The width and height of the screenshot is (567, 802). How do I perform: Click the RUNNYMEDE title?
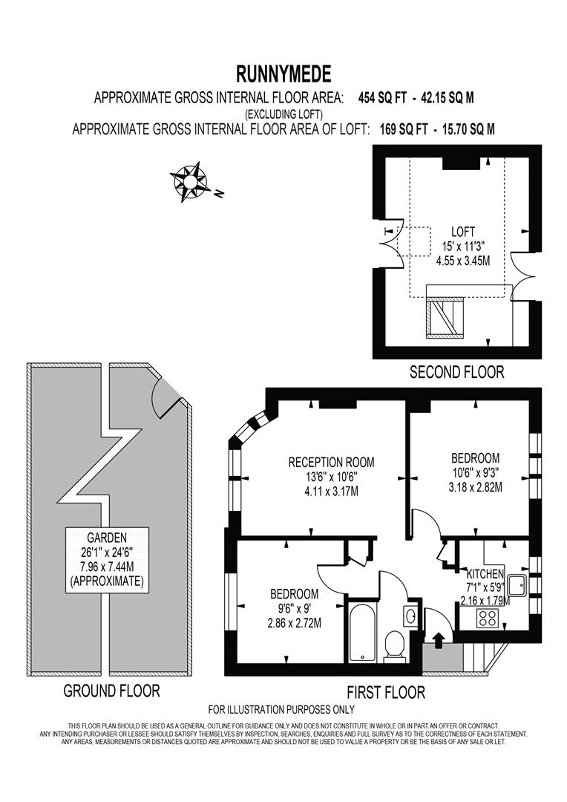point(283,74)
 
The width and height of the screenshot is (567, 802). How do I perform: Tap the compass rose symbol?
point(191,180)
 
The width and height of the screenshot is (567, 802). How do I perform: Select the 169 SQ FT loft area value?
point(400,129)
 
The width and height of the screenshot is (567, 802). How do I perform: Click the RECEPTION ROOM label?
point(331,462)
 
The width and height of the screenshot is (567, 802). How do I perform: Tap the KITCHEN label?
point(485,574)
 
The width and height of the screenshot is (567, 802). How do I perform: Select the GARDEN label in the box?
point(106,537)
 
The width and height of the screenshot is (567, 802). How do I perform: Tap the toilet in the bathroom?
point(395,643)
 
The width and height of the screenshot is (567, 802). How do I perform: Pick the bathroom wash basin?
point(411,616)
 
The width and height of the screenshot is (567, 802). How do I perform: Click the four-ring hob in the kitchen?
point(489,619)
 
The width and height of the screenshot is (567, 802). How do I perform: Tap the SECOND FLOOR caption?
point(456,372)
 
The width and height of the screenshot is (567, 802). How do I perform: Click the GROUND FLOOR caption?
point(111,691)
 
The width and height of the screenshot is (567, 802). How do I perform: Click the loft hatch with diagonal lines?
point(445,314)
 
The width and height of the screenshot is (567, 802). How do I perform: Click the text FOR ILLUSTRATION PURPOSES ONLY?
point(281,709)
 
